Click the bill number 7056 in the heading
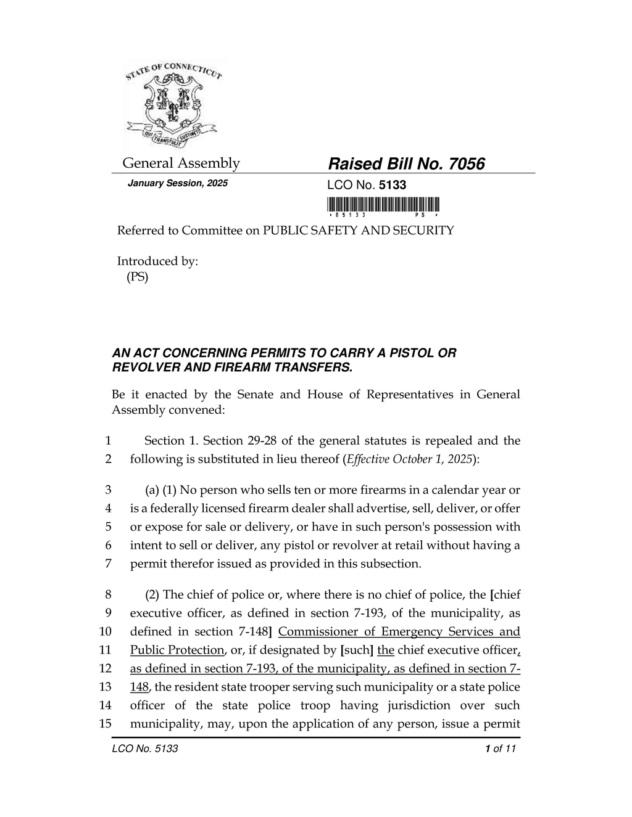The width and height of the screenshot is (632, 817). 467,164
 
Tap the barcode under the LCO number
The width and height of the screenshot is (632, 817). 383,204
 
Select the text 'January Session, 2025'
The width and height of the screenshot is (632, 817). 177,184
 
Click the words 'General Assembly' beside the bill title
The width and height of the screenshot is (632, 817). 181,163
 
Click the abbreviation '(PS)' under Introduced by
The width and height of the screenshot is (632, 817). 137,277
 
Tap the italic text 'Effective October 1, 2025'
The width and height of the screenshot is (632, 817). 409,459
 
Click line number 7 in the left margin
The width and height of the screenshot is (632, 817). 108,564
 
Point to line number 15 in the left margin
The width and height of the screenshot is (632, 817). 105,724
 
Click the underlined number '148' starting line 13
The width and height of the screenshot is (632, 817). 139,687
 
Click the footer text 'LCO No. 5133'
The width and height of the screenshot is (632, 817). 145,749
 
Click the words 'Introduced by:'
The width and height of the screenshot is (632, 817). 158,261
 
